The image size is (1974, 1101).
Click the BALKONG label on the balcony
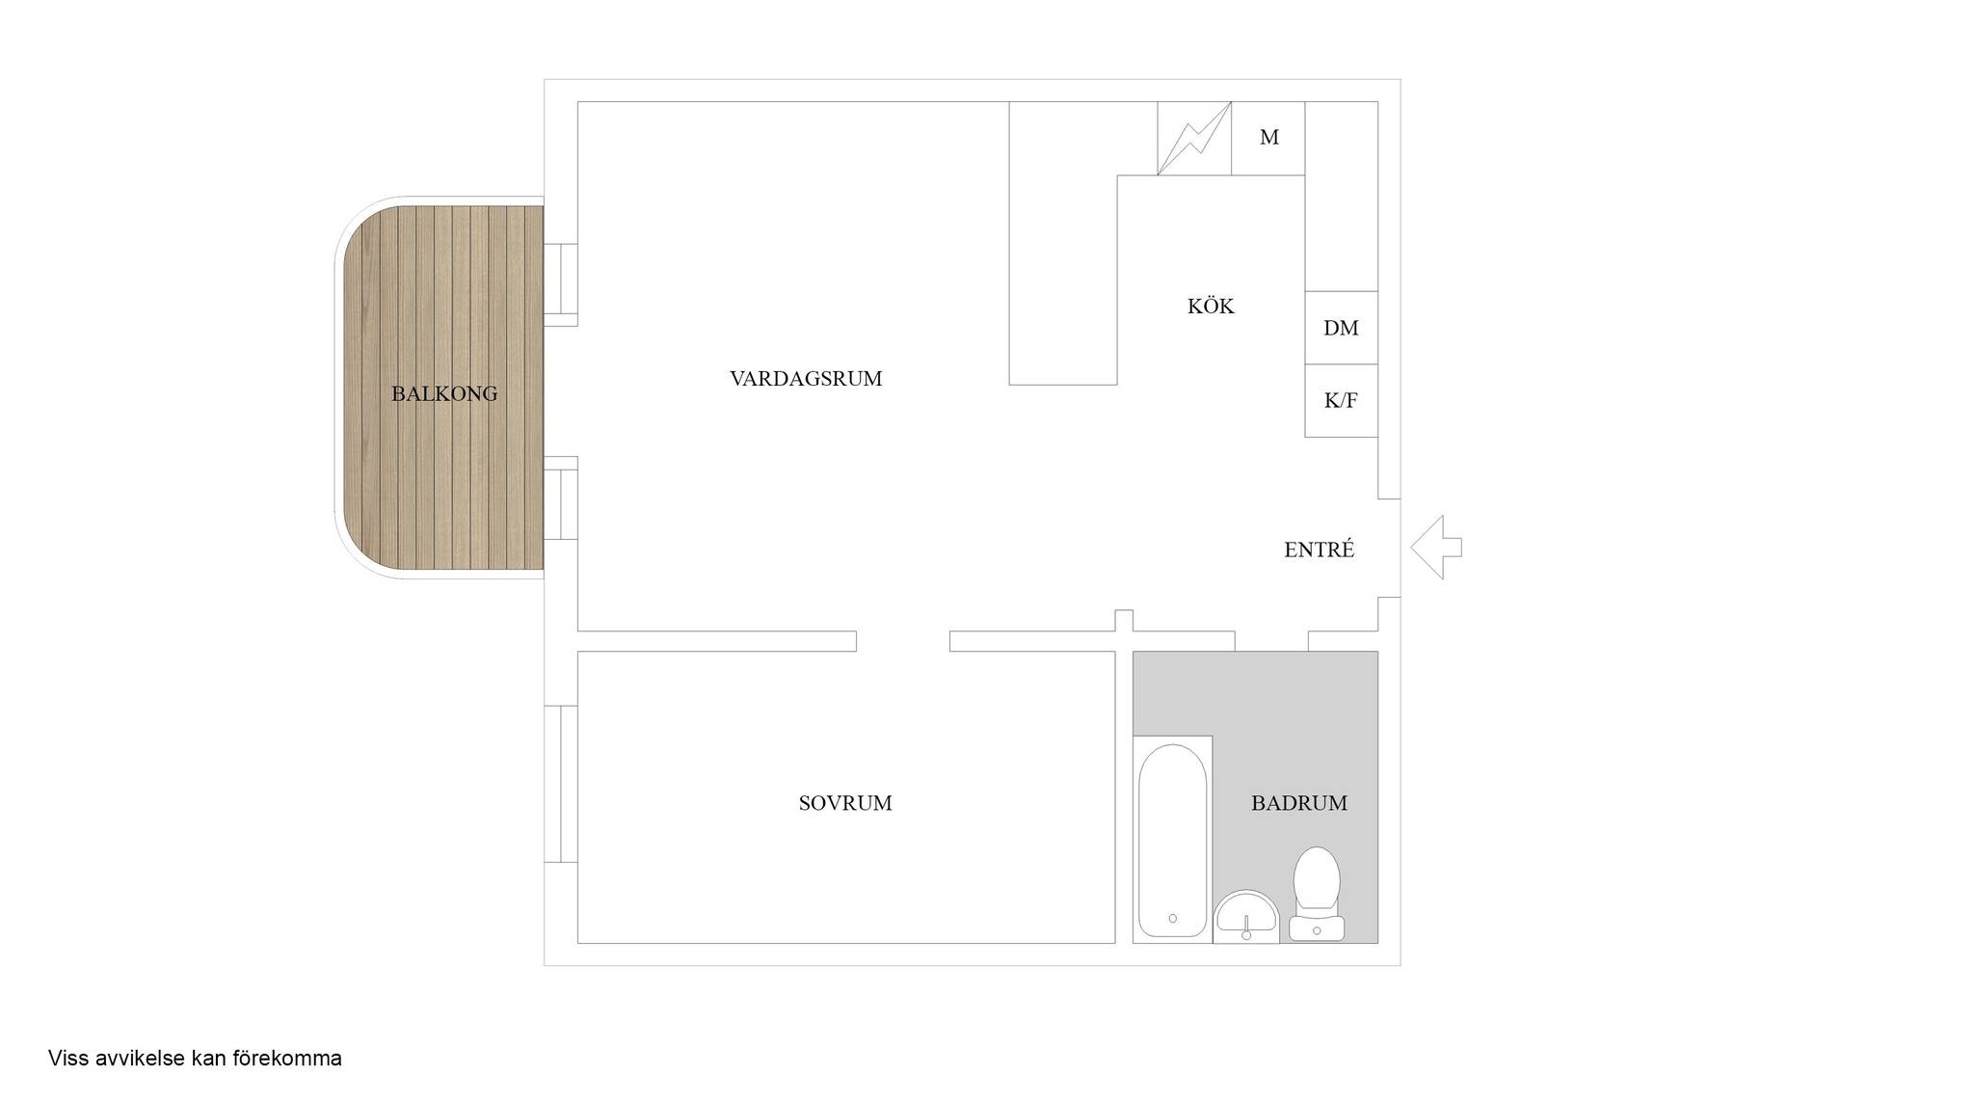[x=444, y=393]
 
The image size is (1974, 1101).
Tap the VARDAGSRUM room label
[x=806, y=379]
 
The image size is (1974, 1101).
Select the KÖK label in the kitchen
[x=1211, y=306]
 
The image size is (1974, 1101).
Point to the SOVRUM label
[x=845, y=803]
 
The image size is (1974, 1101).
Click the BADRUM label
[x=1299, y=803]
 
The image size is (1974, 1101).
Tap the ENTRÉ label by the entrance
[x=1320, y=549]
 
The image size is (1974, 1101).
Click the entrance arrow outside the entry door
[x=1436, y=548]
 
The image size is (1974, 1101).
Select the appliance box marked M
[x=1268, y=138]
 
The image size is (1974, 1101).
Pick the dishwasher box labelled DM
[x=1341, y=328]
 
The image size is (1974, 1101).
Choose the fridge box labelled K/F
[x=1341, y=401]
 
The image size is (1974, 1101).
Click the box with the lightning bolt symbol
[x=1194, y=138]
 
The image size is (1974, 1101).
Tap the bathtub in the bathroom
[x=1172, y=840]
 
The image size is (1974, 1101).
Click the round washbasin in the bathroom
[x=1246, y=915]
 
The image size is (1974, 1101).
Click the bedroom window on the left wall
[x=561, y=784]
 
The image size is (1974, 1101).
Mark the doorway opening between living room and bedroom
[x=903, y=641]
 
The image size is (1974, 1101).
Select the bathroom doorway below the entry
[x=1271, y=641]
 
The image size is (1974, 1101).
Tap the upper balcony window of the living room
[x=561, y=280]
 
